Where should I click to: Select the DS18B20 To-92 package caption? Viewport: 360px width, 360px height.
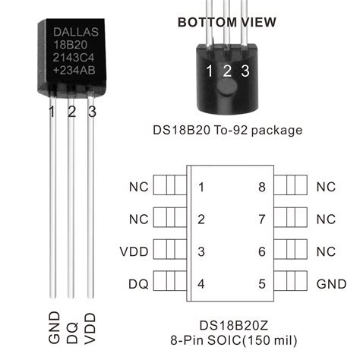227,130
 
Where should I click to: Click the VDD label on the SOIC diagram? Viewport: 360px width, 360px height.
135,251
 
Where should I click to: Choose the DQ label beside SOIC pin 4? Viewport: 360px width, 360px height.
138,284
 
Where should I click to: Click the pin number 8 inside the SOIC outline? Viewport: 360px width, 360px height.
261,187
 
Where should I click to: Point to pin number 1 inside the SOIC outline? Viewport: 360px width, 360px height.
201,187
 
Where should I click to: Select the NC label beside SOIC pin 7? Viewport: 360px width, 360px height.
325,219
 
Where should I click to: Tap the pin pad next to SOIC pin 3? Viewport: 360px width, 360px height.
170,251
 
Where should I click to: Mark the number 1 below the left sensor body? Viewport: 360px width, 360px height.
52,112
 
